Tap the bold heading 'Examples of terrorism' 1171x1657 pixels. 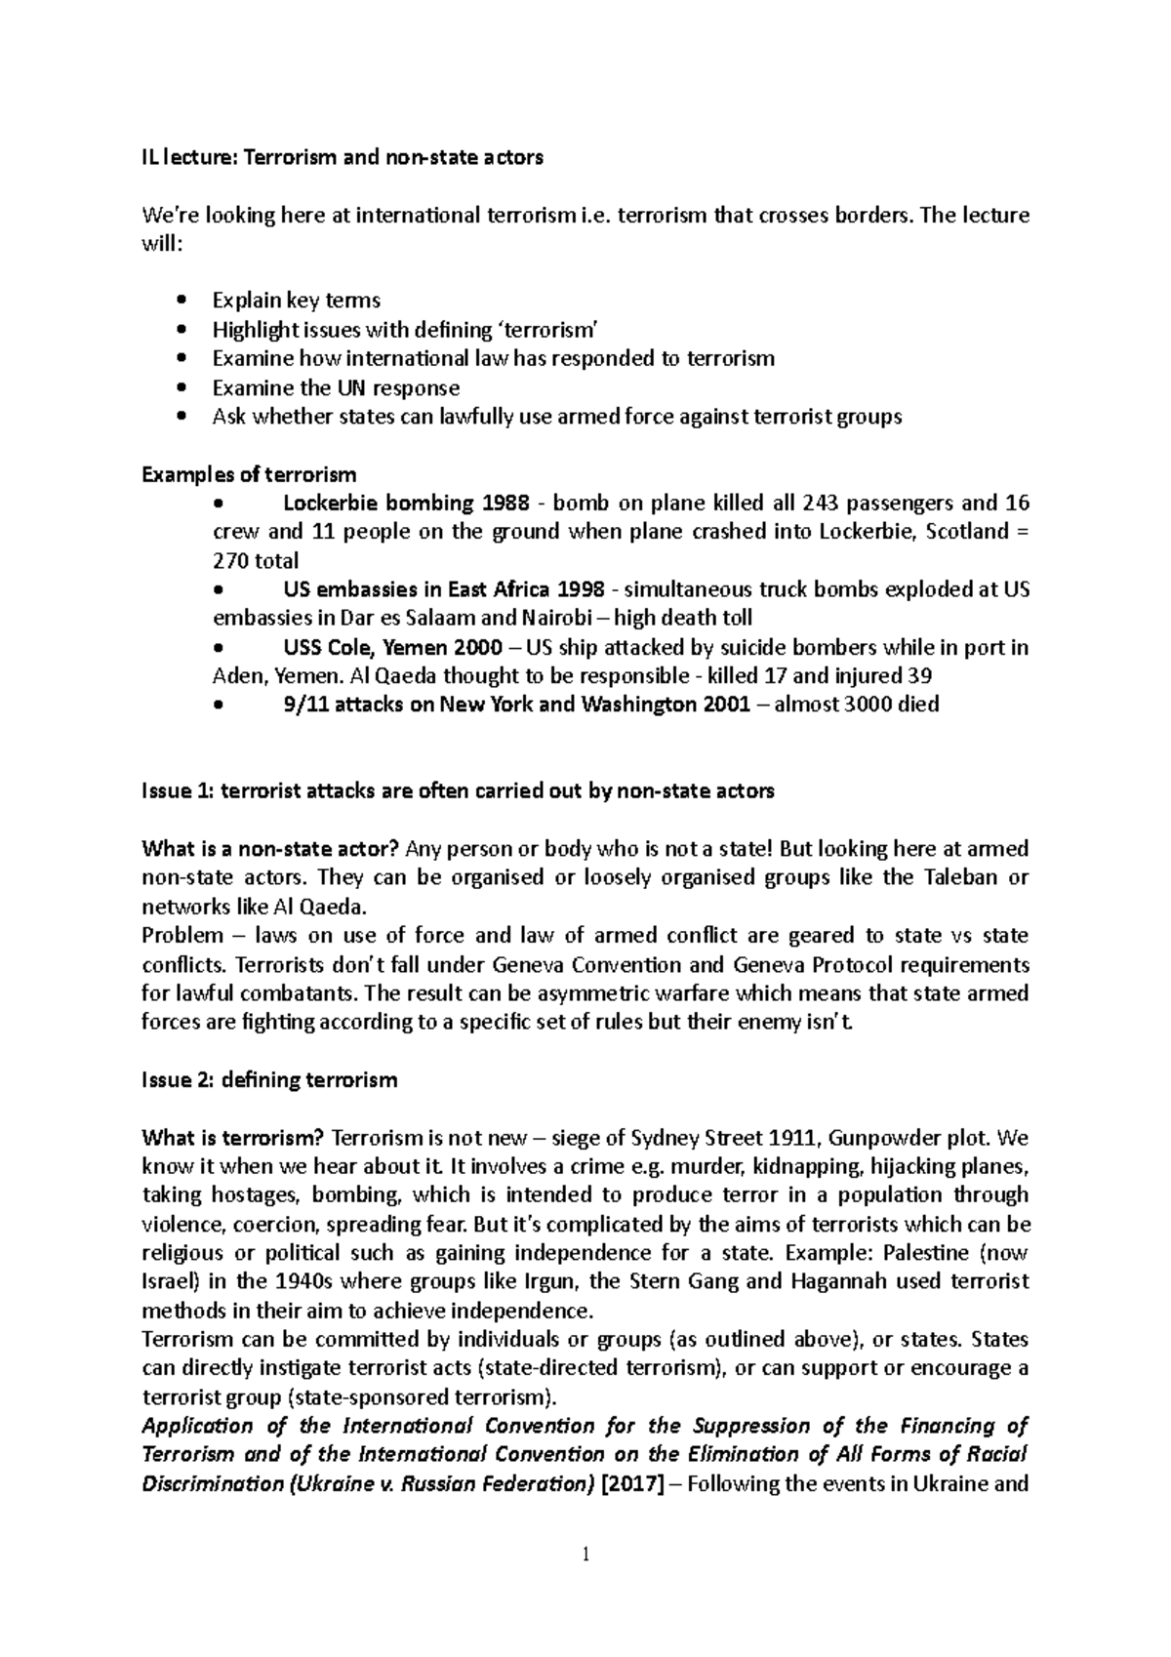coord(249,474)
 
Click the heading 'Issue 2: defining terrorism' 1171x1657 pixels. coord(269,1080)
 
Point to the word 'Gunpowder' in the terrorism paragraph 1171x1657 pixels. coord(875,1138)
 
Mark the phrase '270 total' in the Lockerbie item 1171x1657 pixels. coord(256,561)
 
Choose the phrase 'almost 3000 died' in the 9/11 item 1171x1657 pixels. coord(856,705)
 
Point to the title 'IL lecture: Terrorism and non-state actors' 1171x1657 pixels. coord(342,156)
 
